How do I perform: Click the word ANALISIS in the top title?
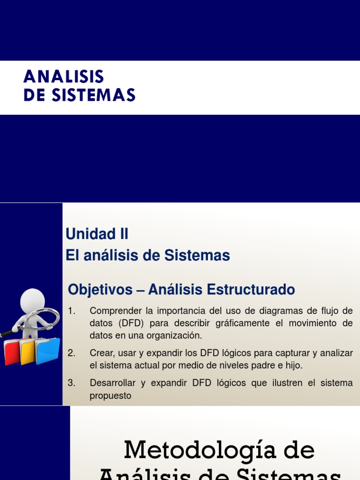point(64,76)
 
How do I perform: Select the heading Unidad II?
point(97,233)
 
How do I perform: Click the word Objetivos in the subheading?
point(100,290)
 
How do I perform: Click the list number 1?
point(71,311)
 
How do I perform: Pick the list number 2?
point(71,353)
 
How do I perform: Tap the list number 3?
point(71,383)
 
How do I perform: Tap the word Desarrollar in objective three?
point(112,383)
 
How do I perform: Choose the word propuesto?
point(111,396)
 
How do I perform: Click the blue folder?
point(48,350)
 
